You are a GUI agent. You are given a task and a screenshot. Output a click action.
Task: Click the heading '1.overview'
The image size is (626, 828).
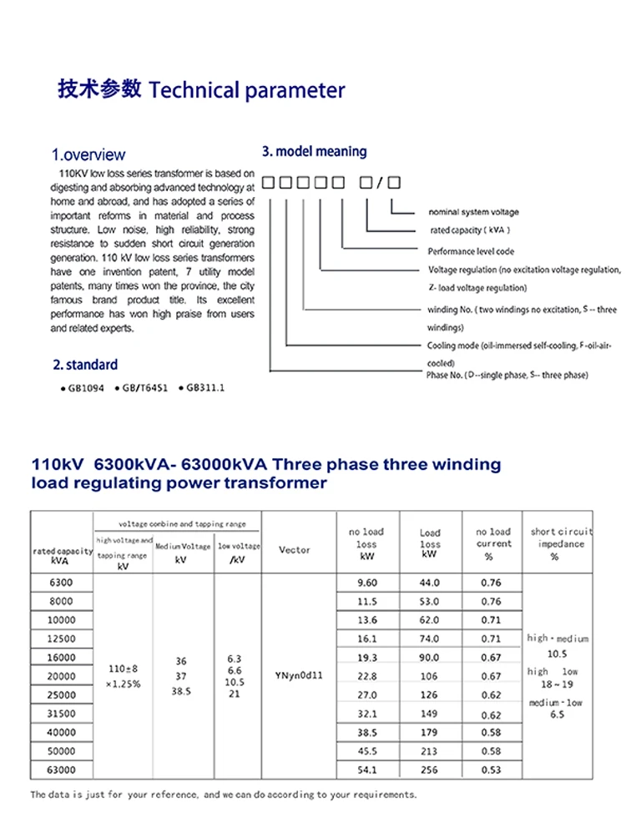88,154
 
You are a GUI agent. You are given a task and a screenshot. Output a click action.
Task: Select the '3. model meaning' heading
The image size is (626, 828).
314,152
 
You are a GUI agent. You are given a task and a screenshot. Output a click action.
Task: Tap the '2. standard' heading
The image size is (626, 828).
84,365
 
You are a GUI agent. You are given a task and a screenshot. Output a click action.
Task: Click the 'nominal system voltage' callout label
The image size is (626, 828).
473,212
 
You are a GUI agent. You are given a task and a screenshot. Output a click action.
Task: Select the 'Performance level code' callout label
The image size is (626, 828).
471,251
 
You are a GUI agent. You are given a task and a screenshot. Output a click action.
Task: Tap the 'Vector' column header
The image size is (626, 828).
294,550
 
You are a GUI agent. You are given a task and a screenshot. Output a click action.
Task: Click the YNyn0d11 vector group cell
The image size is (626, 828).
298,676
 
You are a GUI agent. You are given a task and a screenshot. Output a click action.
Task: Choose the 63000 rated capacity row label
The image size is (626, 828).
61,770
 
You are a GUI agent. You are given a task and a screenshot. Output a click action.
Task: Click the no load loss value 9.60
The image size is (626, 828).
366,583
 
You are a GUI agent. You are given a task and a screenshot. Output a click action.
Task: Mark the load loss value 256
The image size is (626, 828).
430,770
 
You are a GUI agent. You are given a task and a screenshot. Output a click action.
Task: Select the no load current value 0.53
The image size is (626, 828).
492,770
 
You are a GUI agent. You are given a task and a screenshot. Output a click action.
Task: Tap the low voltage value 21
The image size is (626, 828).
235,694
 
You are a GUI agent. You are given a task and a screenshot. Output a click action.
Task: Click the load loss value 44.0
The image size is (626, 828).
430,583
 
